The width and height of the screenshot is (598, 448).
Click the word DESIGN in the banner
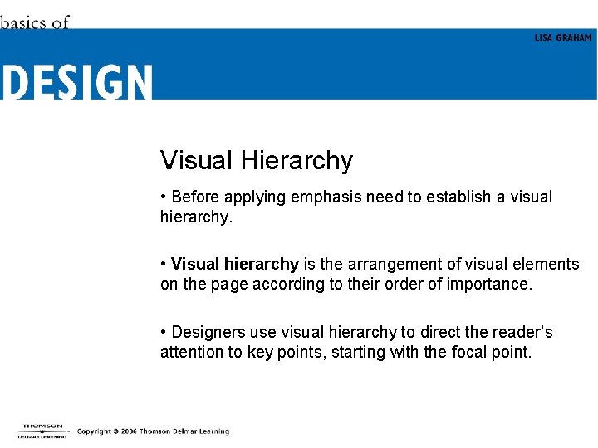tap(76, 82)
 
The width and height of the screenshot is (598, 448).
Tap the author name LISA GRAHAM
tap(563, 38)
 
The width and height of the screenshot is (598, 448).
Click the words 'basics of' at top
tap(34, 22)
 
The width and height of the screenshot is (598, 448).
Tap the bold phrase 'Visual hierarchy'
tap(234, 264)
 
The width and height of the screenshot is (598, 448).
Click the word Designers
tap(208, 332)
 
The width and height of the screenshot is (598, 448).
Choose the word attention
tap(191, 352)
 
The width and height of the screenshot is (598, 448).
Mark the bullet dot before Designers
tap(164, 332)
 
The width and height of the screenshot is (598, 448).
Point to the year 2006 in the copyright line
tap(129, 431)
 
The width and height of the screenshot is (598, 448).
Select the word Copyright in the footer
tap(95, 431)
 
